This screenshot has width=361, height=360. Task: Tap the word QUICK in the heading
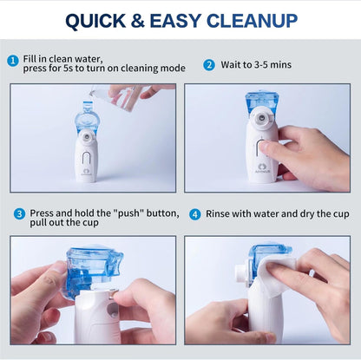[x=101, y=20]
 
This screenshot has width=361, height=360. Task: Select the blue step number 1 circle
[x=12, y=60]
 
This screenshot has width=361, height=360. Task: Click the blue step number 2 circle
[x=208, y=64]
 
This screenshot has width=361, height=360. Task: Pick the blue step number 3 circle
[x=19, y=213]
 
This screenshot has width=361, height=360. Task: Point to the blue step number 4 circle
[x=195, y=213]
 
